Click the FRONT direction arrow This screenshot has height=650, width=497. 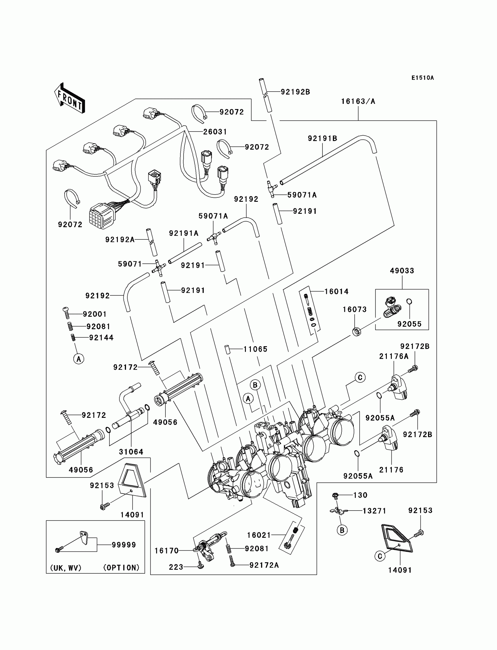click(x=70, y=98)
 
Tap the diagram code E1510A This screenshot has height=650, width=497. click(x=422, y=78)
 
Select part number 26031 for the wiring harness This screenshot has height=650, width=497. click(x=215, y=132)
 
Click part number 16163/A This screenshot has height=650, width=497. click(x=358, y=101)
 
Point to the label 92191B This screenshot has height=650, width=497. click(x=322, y=139)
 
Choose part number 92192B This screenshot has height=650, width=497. click(x=295, y=92)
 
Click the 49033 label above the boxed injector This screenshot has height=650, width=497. click(x=402, y=270)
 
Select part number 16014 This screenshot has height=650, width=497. click(x=336, y=292)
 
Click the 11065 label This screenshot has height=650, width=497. click(x=255, y=349)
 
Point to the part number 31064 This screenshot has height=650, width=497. click(x=131, y=452)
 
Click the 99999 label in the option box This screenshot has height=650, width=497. click(x=124, y=545)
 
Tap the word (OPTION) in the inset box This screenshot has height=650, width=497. click(x=121, y=568)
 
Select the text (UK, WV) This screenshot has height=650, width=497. click(x=66, y=568)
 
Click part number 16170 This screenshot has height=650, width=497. click(x=167, y=551)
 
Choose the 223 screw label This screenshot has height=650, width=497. click(x=176, y=567)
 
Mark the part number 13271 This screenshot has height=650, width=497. click(x=375, y=511)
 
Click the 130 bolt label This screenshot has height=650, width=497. click(x=360, y=495)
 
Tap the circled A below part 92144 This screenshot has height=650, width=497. click(x=79, y=359)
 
